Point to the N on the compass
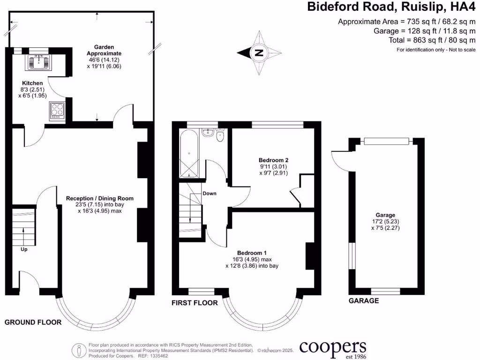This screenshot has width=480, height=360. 258,53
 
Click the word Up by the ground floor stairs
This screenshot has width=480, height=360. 23,249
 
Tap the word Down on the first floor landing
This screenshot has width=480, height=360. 209,193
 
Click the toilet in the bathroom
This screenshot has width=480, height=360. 220,135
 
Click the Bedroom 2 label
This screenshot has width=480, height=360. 273,159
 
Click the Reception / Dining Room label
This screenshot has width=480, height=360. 99,198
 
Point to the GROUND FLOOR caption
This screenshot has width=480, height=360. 33,322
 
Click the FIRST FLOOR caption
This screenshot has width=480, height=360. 195,303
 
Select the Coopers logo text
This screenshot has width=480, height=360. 333,347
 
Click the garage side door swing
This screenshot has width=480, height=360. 339,160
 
